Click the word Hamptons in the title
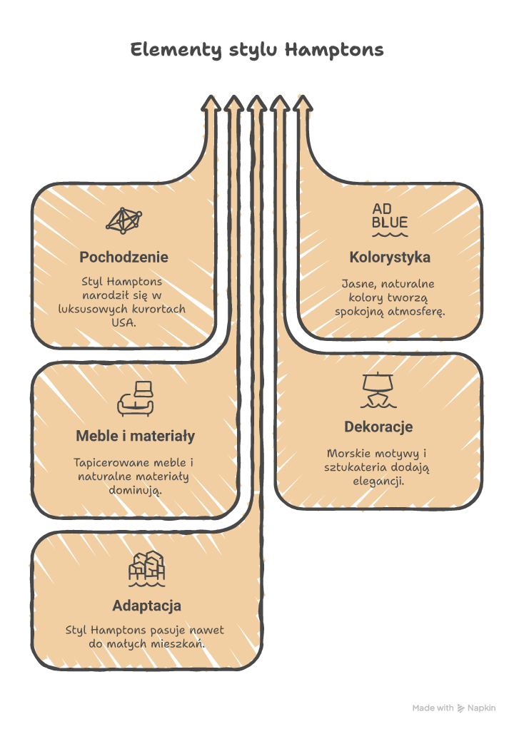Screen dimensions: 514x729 pos(334,49)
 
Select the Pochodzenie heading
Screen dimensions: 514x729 pos(124,257)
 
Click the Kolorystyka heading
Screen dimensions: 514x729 pos(390,257)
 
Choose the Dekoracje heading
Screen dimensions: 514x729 pos(378,427)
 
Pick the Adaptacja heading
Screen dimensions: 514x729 pos(147,606)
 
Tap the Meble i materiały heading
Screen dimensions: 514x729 pos(136,436)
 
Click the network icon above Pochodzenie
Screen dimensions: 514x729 pos(124,220)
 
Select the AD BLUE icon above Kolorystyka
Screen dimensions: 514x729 pos(390,220)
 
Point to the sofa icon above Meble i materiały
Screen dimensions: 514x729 pos(136,399)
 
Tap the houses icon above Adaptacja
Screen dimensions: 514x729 pos(147,569)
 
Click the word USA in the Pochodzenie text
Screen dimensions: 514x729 pos(124,322)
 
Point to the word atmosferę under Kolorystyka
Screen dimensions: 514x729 pos(416,312)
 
